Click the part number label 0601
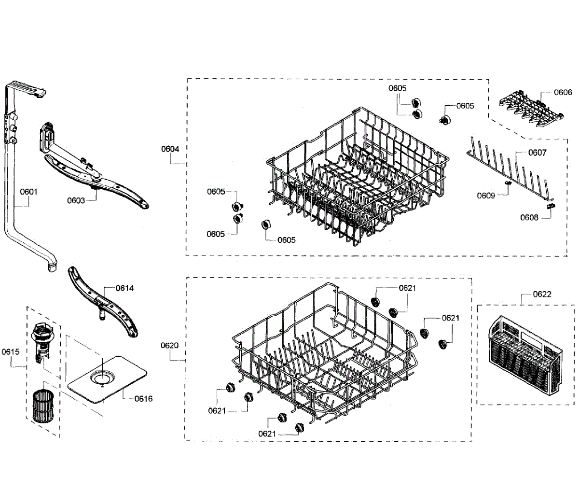(28, 192)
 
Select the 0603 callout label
(76, 200)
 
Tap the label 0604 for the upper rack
(170, 149)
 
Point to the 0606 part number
(563, 92)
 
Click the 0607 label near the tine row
(537, 153)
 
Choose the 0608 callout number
(529, 217)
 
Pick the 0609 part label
(486, 196)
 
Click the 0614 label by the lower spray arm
(124, 288)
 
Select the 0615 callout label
(10, 351)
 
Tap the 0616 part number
(143, 398)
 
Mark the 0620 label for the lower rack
(169, 345)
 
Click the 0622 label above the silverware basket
(542, 294)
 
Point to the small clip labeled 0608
(550, 206)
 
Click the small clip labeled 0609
(507, 184)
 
